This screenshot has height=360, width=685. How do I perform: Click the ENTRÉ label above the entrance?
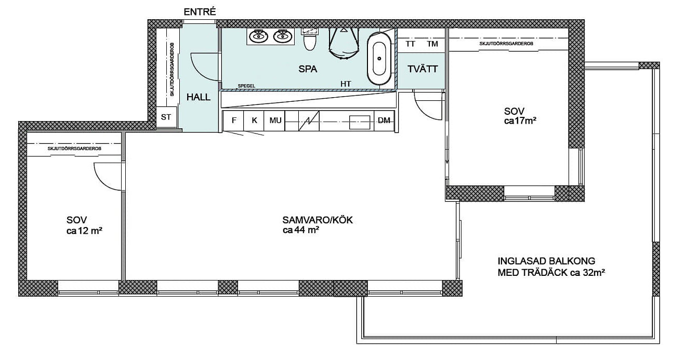click(x=200, y=12)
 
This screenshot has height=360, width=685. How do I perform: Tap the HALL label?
click(x=199, y=97)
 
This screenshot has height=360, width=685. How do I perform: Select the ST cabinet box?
click(x=166, y=117)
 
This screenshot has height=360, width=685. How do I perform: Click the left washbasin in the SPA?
click(x=259, y=37)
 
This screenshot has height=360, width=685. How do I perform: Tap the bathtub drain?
click(x=379, y=58)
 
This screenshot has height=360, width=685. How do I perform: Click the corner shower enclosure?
click(x=344, y=43)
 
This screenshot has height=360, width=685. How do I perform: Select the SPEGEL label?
click(x=246, y=86)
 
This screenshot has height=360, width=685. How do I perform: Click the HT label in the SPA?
click(x=346, y=84)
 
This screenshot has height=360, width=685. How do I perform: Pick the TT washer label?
click(x=410, y=44)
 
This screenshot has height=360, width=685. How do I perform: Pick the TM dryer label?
click(x=432, y=44)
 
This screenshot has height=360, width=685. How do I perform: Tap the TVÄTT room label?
click(x=423, y=69)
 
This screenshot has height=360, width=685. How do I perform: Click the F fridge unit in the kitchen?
click(x=233, y=121)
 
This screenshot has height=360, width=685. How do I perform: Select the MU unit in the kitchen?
click(x=275, y=121)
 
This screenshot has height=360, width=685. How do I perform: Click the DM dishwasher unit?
click(x=384, y=121)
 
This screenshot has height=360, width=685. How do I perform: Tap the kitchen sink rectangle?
click(x=360, y=122)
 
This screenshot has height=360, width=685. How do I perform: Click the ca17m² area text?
click(x=520, y=121)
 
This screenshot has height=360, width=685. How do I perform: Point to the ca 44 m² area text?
click(x=301, y=230)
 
